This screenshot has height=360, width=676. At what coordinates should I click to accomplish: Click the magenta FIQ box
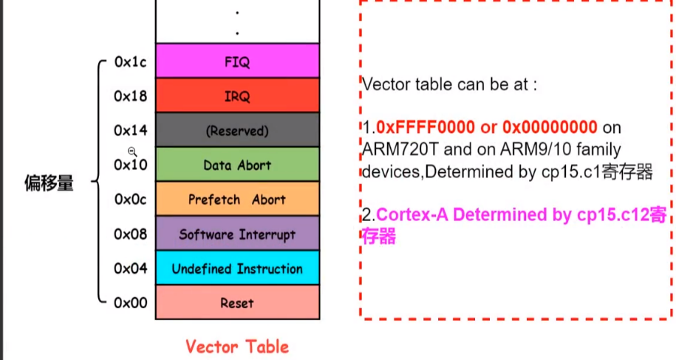(237, 61)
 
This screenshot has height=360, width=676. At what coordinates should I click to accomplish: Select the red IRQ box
(237, 95)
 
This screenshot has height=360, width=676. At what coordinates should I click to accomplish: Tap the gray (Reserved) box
(237, 130)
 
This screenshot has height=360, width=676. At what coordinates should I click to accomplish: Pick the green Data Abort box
(237, 165)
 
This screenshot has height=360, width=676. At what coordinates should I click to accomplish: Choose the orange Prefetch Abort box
(237, 200)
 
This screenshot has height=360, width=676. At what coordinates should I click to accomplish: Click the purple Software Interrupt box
(237, 234)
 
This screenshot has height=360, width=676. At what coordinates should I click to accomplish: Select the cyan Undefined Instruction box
(237, 268)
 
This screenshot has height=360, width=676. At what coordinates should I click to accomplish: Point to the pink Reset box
(237, 302)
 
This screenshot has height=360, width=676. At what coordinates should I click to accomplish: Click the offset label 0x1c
(130, 62)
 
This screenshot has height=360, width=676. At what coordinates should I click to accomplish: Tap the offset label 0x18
(130, 96)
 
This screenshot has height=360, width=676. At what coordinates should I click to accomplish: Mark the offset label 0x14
(130, 131)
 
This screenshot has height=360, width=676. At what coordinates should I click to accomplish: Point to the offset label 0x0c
(130, 200)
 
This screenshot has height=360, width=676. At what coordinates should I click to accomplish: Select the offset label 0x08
(130, 234)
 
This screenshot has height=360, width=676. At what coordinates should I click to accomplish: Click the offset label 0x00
(130, 302)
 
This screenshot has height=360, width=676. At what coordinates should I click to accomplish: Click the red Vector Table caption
(236, 346)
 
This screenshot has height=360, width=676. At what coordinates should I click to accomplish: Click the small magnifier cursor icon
(132, 151)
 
